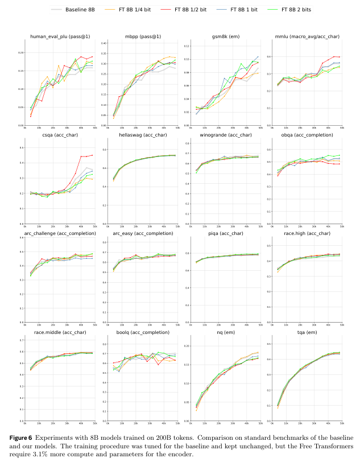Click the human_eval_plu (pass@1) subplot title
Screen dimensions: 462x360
pyautogui.click(x=59, y=37)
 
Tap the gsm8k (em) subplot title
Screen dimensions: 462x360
pyautogui.click(x=226, y=37)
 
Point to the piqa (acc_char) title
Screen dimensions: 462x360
pyautogui.click(x=226, y=233)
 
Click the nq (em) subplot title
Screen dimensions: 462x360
pyautogui.click(x=226, y=332)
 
